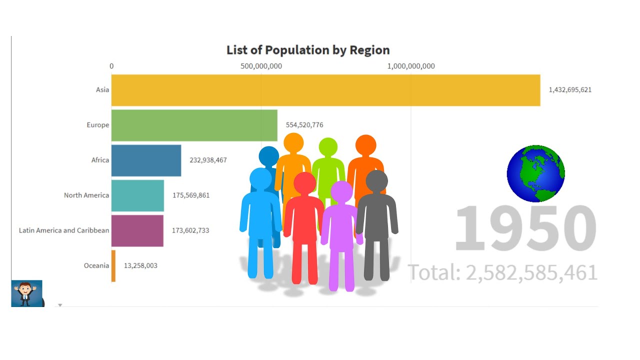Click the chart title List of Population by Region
pyautogui.click(x=308, y=50)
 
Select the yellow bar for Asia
pyautogui.click(x=325, y=90)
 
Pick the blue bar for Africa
pyautogui.click(x=146, y=160)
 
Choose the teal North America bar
pyautogui.click(x=137, y=195)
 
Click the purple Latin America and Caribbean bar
pyautogui.click(x=137, y=230)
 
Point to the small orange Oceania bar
pyautogui.click(x=113, y=265)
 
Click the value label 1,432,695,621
pyautogui.click(x=570, y=90)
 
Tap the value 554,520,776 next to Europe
pyautogui.click(x=307, y=125)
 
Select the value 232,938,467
pyautogui.click(x=208, y=160)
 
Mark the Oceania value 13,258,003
pyautogui.click(x=140, y=265)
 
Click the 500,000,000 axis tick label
pyautogui.click(x=261, y=66)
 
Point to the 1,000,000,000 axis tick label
pyautogui.click(x=411, y=66)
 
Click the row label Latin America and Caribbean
pyautogui.click(x=64, y=230)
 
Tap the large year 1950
pyautogui.click(x=525, y=229)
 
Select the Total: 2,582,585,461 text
pyautogui.click(x=503, y=273)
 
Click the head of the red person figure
pyautogui.click(x=304, y=183)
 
